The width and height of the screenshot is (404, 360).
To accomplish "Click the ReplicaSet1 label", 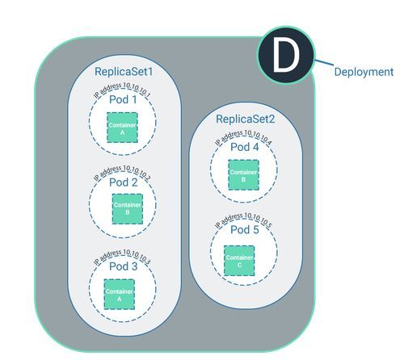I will click(x=124, y=71).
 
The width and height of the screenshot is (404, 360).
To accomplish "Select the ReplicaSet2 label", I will click(x=245, y=119).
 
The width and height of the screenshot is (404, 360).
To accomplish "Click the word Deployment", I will click(x=364, y=72).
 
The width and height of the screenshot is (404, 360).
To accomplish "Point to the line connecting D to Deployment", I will click(x=325, y=64).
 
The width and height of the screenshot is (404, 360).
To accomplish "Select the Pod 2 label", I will click(x=123, y=182).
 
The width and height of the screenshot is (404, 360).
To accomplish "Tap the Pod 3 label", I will click(x=123, y=266).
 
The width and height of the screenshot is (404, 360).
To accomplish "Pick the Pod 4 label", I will click(x=245, y=147).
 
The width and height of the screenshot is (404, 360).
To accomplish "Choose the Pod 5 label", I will click(x=245, y=229).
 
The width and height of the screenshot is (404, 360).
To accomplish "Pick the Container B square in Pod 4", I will click(x=238, y=174).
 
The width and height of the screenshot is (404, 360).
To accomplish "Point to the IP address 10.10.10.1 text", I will click(x=123, y=87).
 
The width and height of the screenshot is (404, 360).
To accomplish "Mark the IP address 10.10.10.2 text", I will click(x=123, y=170).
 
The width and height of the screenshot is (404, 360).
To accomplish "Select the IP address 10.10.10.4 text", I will click(x=245, y=135).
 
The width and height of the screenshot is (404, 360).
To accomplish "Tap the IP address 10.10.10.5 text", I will click(x=245, y=218).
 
